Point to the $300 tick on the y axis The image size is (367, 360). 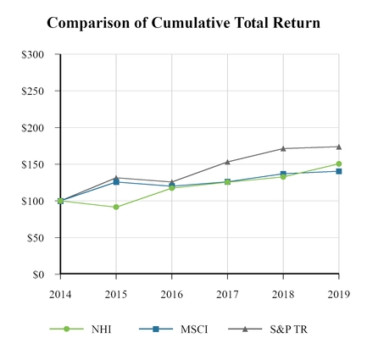coord(34,54)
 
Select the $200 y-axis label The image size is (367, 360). coord(34,128)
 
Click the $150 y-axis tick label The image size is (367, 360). coord(34,164)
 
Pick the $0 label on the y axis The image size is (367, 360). coord(39,274)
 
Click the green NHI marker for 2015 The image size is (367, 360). coord(116,207)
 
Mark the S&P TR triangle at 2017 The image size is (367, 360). coord(227,162)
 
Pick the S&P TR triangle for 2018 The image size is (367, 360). coord(283,148)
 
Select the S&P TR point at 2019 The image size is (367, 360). coord(338,147)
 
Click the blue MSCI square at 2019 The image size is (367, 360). coord(338,171)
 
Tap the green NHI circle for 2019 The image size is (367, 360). coord(338,163)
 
